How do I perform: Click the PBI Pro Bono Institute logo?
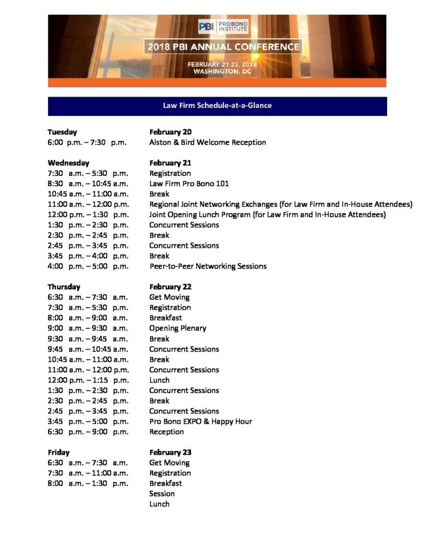(223, 26)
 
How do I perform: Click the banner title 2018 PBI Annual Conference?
(223, 46)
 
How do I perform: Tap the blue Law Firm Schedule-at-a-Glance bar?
(217, 105)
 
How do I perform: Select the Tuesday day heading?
(62, 132)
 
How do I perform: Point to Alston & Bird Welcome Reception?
(208, 142)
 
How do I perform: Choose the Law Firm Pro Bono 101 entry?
(189, 183)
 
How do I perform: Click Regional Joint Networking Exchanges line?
(281, 204)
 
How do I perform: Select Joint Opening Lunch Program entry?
(268, 215)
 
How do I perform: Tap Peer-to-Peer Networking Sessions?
(208, 266)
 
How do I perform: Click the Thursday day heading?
(64, 287)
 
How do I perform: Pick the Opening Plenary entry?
(177, 328)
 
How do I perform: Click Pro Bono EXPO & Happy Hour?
(200, 421)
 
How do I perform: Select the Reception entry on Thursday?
(167, 432)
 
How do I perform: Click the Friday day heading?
(58, 453)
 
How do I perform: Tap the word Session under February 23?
(162, 493)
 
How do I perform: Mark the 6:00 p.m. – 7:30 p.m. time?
(88, 142)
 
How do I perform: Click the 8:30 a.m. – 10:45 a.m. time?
(88, 183)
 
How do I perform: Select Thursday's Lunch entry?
(159, 380)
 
